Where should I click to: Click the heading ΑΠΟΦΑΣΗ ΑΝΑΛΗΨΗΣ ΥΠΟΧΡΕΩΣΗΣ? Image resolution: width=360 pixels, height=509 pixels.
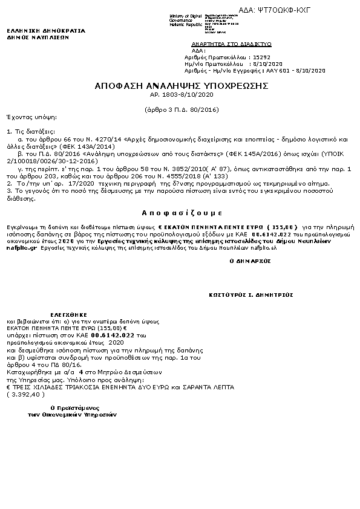point(182,86)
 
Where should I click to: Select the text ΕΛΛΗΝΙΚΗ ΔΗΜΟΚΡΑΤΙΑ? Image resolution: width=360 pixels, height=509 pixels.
point(46,30)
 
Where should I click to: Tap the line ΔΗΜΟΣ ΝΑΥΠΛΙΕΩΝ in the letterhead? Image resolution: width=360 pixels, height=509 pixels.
point(38,37)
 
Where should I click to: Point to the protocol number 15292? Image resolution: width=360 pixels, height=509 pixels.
point(263,57)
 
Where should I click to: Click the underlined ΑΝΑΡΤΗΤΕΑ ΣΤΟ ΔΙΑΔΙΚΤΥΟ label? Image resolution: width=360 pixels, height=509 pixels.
point(231,45)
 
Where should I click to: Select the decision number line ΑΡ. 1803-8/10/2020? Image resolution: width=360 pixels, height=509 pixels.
point(182,95)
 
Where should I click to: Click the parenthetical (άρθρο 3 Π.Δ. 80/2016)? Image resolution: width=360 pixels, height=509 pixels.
point(182,109)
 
